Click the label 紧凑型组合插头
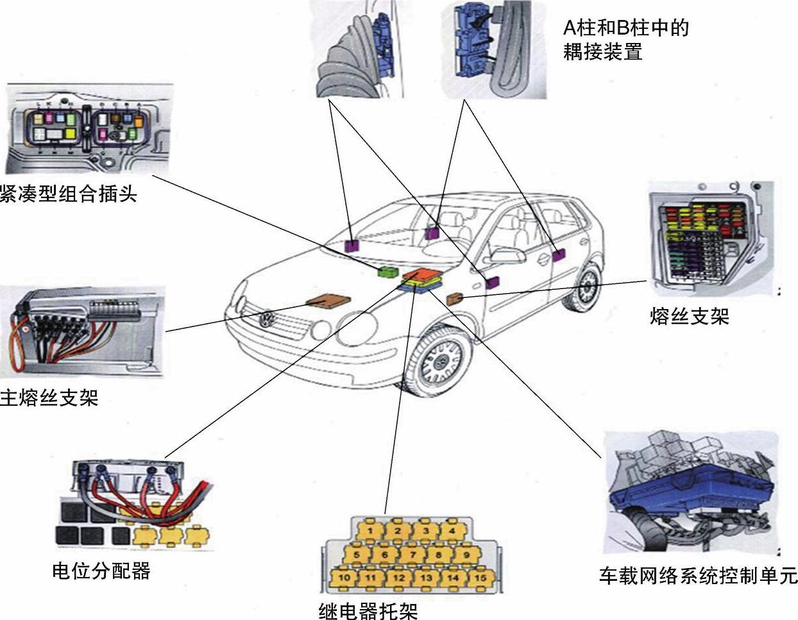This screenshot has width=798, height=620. tap(68, 193)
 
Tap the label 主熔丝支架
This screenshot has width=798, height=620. tap(49, 398)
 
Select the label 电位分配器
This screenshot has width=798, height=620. tap(101, 570)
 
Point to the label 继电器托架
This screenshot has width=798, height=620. tap(368, 610)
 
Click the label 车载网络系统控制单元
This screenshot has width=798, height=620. tap(698, 575)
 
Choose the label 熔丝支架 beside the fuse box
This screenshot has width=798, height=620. tap(689, 316)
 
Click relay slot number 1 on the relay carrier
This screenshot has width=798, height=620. tap(370, 531)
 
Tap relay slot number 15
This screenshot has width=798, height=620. tap(480, 578)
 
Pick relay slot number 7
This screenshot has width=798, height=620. tap(412, 555)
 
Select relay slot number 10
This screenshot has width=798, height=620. tap(344, 578)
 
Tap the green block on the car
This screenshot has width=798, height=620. tap(388, 271)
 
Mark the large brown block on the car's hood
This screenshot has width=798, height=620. tap(328, 301)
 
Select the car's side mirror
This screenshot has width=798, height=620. tap(507, 256)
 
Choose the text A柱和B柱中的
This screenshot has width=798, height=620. tap(625, 28)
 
